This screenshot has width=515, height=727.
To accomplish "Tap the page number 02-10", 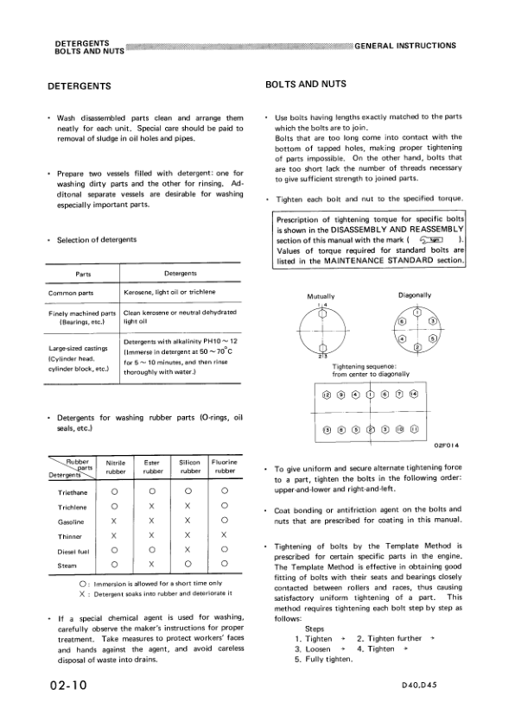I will (64, 686).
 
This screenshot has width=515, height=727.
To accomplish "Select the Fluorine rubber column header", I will (225, 467).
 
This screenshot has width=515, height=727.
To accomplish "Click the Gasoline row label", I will (72, 522).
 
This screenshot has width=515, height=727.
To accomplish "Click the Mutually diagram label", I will (321, 296).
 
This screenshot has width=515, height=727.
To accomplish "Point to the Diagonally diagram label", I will (415, 295).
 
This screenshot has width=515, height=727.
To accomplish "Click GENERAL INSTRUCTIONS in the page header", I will (405, 45).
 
